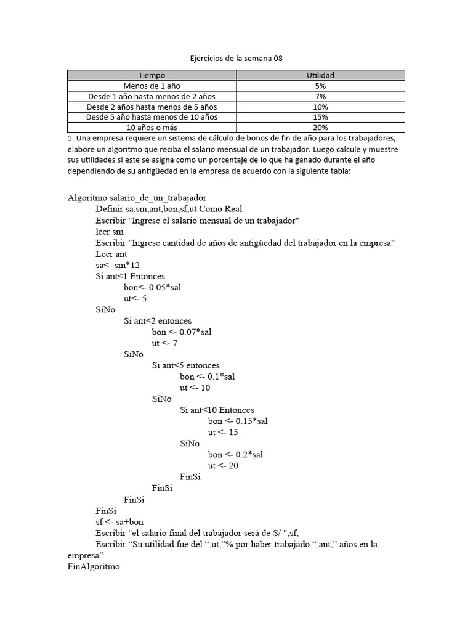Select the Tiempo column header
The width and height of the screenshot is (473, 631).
[x=152, y=75]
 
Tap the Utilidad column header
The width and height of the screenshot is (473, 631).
[x=320, y=75]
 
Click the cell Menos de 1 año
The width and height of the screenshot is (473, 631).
[x=152, y=86]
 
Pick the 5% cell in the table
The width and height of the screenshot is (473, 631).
[x=320, y=86]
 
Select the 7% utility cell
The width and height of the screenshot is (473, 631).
[x=320, y=97]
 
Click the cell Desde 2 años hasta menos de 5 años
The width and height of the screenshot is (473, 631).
[x=152, y=107]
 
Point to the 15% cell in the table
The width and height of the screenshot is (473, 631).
[x=320, y=117]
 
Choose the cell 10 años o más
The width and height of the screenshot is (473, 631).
[x=152, y=128]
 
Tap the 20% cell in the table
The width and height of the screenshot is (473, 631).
[x=320, y=128]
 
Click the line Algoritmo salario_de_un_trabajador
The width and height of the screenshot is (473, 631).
[x=137, y=198]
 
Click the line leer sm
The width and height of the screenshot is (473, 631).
[x=110, y=231]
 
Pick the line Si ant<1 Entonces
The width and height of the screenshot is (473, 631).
[x=130, y=276]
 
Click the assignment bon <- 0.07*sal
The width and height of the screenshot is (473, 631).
[x=182, y=332]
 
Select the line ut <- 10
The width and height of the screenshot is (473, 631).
[x=195, y=388]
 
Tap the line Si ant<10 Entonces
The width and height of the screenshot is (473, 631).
[x=217, y=410]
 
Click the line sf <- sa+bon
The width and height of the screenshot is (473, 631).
[x=119, y=522]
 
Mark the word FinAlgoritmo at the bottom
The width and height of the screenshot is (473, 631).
[x=94, y=566]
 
